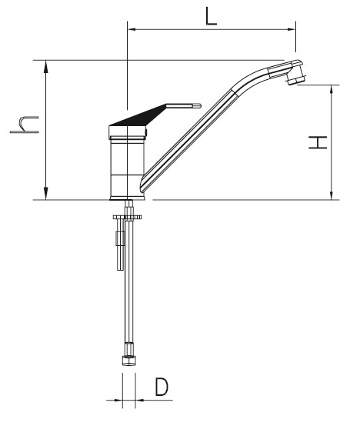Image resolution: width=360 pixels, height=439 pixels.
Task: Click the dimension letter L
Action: pos(211,16)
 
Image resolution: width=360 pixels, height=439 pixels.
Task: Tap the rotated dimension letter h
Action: pos(24,125)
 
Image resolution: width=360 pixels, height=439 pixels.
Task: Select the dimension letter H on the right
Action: pos(318,142)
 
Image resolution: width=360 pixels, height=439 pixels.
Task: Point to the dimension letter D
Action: pos(162,387)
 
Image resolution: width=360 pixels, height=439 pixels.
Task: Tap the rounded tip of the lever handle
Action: pos(199,105)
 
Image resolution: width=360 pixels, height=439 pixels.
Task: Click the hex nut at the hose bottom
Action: pos(129,361)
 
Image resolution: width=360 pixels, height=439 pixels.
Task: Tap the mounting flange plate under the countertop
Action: pos(127,217)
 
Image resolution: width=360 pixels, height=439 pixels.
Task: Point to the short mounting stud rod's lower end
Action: pos(120,269)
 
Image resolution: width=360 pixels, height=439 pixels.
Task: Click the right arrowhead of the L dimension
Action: pos(292,29)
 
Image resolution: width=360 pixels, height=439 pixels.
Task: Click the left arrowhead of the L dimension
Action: pos(132,29)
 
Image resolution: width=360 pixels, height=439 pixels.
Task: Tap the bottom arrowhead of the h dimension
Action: pos(46,195)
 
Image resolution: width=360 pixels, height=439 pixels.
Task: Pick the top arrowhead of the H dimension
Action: pos(332,90)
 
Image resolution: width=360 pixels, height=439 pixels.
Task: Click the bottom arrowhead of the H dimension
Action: pos(332,195)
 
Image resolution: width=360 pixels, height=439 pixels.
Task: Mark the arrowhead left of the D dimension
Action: pos(118,400)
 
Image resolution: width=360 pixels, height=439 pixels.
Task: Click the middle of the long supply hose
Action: pos(129,280)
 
